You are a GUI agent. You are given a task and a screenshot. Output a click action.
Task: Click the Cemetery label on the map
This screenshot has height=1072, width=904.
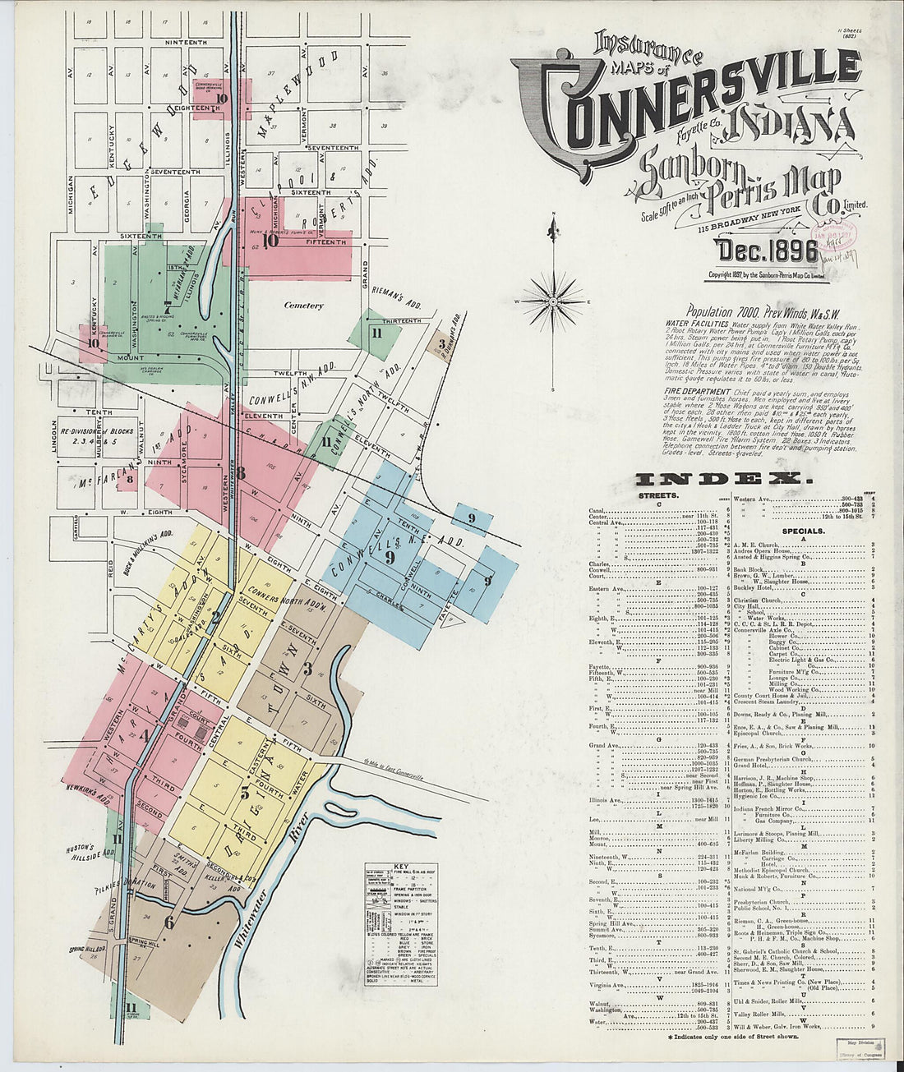coord(303,306)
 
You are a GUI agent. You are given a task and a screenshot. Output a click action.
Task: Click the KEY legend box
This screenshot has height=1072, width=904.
coord(401,924)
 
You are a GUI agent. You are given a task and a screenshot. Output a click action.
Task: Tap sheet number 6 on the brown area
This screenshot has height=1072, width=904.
coord(169,922)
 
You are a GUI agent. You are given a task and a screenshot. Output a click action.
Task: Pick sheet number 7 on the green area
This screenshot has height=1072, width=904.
coord(168,306)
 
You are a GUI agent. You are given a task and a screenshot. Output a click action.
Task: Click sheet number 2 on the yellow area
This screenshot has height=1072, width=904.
coord(216,618)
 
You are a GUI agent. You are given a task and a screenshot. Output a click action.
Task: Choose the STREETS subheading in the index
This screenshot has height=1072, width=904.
coord(656,496)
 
